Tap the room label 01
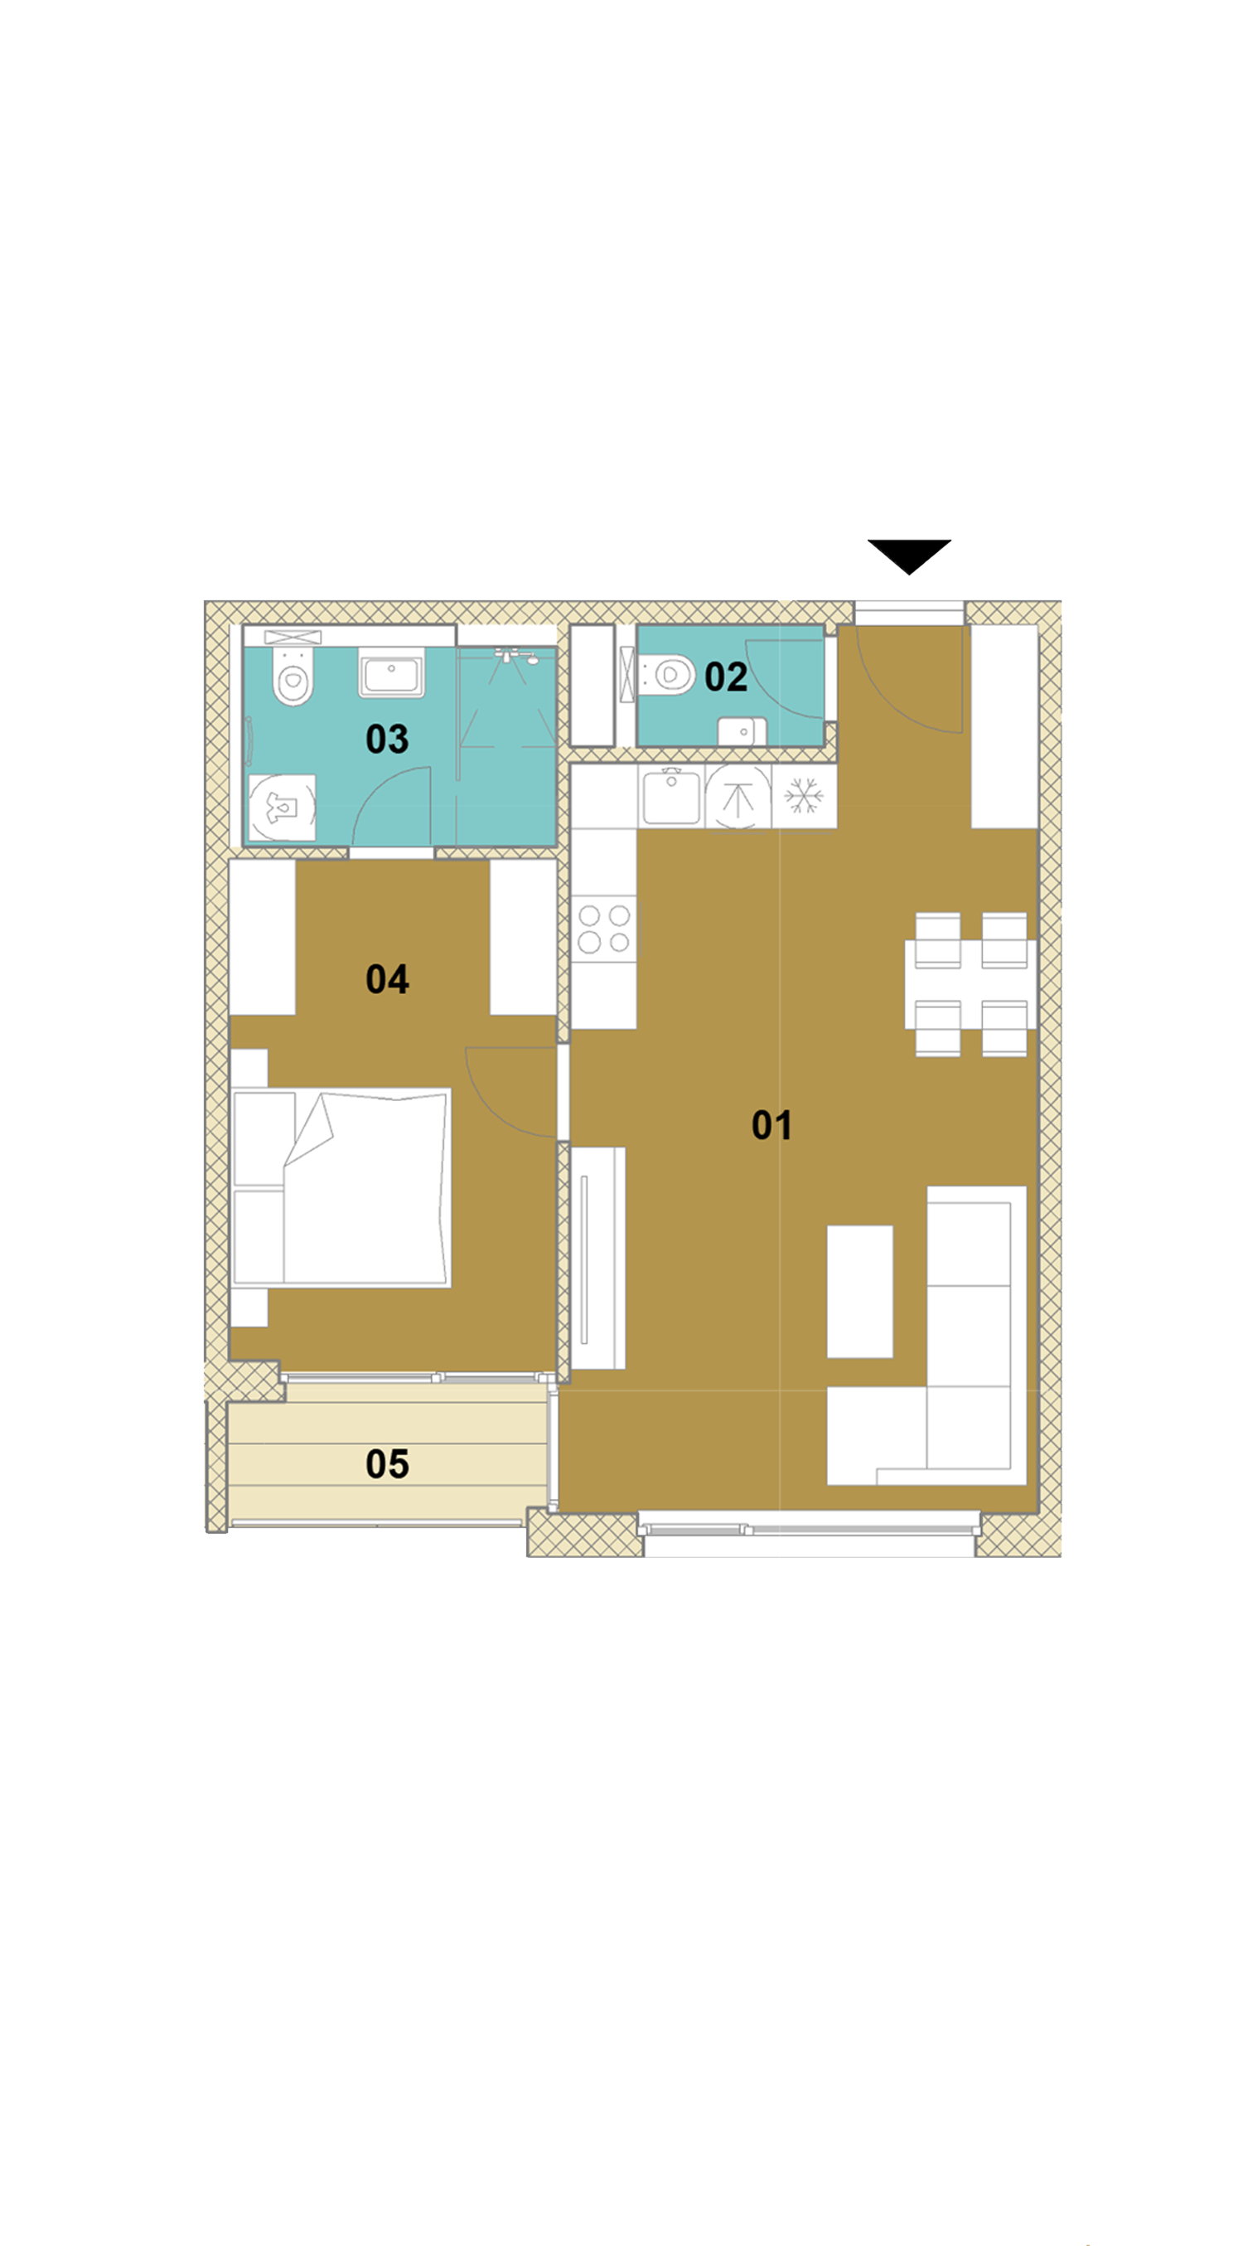click(x=771, y=1125)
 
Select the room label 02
click(x=725, y=677)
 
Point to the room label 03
click(x=387, y=740)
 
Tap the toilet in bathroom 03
click(x=293, y=674)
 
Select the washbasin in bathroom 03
click(x=391, y=673)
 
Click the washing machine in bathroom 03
click(x=282, y=808)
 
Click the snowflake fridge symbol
click(x=804, y=797)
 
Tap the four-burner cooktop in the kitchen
click(x=604, y=929)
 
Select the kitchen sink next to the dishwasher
click(x=671, y=795)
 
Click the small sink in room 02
click(x=742, y=730)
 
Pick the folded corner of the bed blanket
click(x=309, y=1129)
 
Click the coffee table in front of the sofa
click(x=859, y=1291)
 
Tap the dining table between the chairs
click(x=970, y=983)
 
